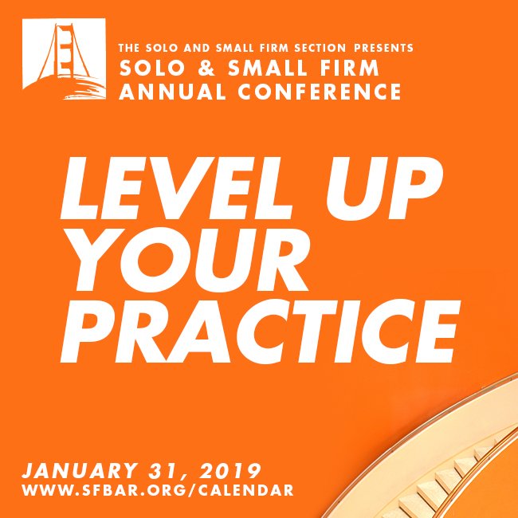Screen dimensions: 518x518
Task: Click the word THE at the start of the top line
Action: click(x=130, y=48)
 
